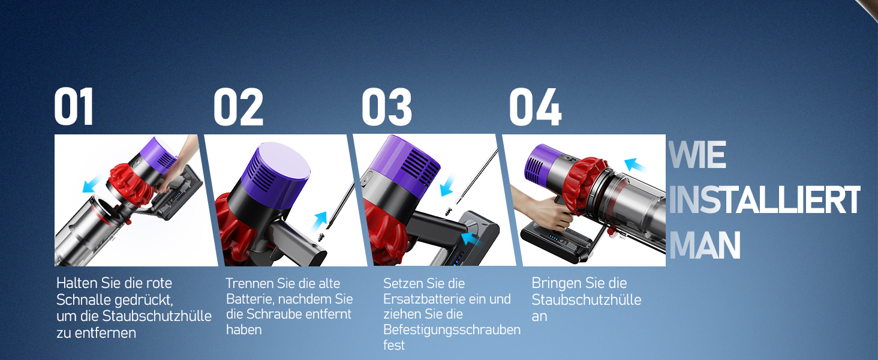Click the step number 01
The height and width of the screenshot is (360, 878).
74,106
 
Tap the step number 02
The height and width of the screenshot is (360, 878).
238,107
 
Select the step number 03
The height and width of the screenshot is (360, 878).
386,107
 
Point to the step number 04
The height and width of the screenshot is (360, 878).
536,107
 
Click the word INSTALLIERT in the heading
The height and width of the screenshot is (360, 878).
764,200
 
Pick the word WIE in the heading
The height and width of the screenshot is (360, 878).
697,155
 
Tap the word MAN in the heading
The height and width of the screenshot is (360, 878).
705,245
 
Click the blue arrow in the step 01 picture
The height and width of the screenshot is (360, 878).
92,184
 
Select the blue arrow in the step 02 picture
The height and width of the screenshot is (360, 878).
319,221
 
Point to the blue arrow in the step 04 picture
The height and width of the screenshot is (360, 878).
635,165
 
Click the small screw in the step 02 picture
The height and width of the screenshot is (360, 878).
322,236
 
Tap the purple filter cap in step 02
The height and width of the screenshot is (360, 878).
275,170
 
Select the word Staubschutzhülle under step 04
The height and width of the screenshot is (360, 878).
587,300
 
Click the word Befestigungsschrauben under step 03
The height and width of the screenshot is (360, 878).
452,330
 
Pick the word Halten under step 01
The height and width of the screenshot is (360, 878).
77,283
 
